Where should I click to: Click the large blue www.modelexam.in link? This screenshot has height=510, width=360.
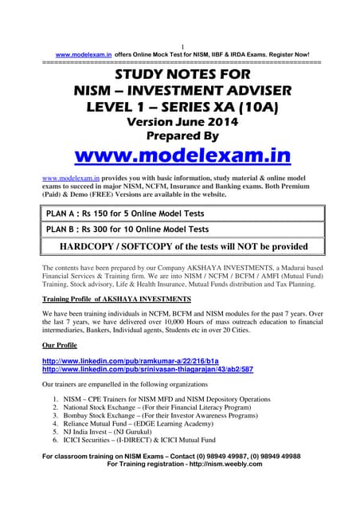182,153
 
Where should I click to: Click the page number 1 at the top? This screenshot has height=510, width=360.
182,45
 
